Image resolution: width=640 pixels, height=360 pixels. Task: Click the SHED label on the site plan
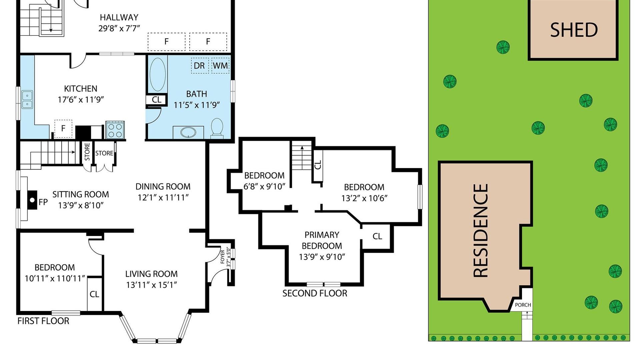click(574, 30)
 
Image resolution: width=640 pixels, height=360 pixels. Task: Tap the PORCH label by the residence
click(523, 305)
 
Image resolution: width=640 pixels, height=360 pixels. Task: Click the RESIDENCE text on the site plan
click(481, 231)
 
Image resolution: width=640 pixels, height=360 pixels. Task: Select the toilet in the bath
click(217, 127)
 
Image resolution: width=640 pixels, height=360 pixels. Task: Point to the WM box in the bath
click(220, 66)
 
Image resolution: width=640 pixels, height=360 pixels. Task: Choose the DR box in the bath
click(199, 66)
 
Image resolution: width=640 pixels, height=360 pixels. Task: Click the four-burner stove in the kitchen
click(115, 130)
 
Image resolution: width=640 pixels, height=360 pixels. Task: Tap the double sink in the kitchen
click(27, 100)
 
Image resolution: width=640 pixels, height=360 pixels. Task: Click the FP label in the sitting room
click(43, 202)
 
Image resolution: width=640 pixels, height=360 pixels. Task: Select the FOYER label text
click(223, 257)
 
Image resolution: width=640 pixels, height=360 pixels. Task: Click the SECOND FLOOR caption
click(315, 293)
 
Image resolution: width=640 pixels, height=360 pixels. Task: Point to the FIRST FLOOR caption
click(43, 321)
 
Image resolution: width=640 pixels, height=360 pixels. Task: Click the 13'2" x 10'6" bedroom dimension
click(364, 198)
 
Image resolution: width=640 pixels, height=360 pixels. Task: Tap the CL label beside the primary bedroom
click(377, 236)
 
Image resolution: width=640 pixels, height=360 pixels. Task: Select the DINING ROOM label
click(163, 187)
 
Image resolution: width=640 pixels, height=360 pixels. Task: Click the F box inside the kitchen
click(63, 128)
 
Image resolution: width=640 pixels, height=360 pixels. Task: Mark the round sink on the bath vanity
click(188, 132)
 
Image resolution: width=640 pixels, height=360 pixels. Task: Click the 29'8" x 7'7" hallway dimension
click(119, 28)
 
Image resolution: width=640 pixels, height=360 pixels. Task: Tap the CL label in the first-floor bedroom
click(94, 294)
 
